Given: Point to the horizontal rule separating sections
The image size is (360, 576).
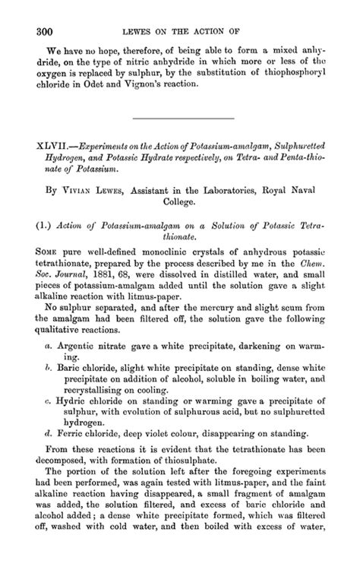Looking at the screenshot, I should point(182,118).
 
